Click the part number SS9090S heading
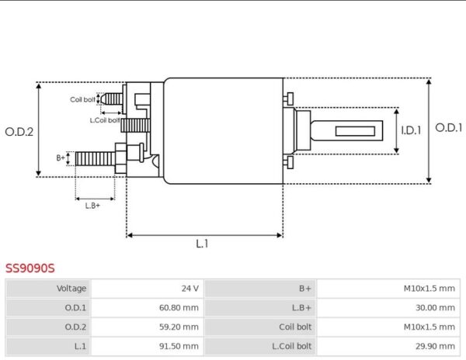click(30, 269)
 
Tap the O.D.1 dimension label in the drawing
click(449, 129)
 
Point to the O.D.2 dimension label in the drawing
click(19, 132)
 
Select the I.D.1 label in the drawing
click(411, 130)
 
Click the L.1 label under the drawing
click(202, 244)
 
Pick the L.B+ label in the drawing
click(93, 206)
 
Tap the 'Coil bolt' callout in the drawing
click(83, 99)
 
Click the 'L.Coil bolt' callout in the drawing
click(105, 119)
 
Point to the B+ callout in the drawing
click(61, 157)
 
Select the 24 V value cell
click(190, 289)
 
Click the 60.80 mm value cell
click(179, 308)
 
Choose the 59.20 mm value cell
click(179, 327)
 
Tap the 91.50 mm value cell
click(179, 347)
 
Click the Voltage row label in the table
click(71, 289)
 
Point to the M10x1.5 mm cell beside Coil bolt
click(429, 327)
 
